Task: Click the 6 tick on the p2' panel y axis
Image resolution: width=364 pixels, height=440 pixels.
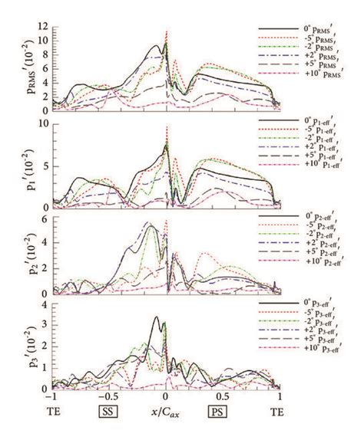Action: [44, 219]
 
